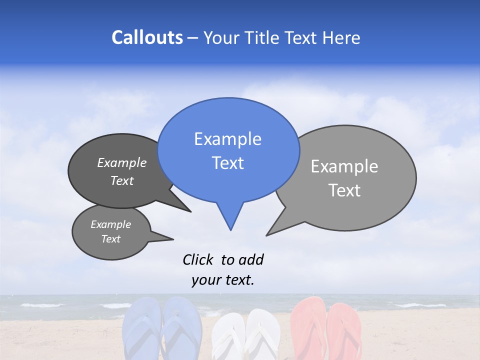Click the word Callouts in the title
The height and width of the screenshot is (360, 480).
147,37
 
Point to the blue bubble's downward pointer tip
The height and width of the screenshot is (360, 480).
230,229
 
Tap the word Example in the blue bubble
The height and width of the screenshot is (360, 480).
227,139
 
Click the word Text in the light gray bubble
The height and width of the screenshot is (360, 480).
345,190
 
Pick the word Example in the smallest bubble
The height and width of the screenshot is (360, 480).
110,224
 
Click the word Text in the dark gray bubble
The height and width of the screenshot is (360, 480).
122,180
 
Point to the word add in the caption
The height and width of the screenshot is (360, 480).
251,259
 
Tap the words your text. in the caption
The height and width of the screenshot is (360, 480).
223,280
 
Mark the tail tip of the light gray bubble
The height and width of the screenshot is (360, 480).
266,235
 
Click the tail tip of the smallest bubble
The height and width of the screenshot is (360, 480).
173,239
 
